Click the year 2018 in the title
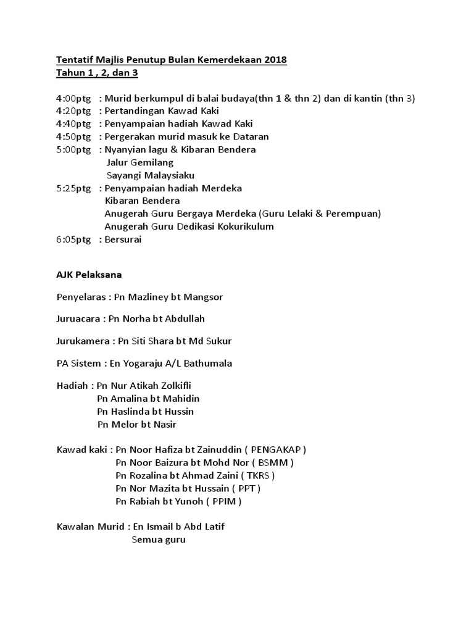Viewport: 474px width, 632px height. pyautogui.click(x=275, y=60)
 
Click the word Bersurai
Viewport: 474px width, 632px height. pyautogui.click(x=123, y=239)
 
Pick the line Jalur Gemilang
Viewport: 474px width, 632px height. pyautogui.click(x=140, y=162)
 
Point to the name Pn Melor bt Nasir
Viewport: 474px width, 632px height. pyautogui.click(x=137, y=424)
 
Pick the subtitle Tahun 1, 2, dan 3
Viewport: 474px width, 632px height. pyautogui.click(x=98, y=73)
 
